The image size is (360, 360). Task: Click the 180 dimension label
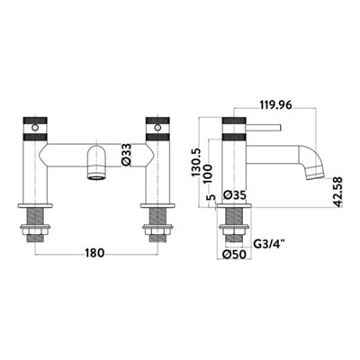pyautogui.click(x=94, y=253)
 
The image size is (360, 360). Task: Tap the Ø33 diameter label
pyautogui.click(x=127, y=155)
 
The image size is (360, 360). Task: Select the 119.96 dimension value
pyautogui.click(x=275, y=105)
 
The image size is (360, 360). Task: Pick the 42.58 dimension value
pyautogui.click(x=337, y=193)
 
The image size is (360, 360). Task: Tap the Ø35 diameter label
pyautogui.click(x=235, y=195)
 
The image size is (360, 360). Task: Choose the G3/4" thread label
pyautogui.click(x=269, y=243)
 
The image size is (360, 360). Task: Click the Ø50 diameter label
pyautogui.click(x=234, y=255)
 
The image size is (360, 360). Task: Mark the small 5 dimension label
pyautogui.click(x=211, y=197)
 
